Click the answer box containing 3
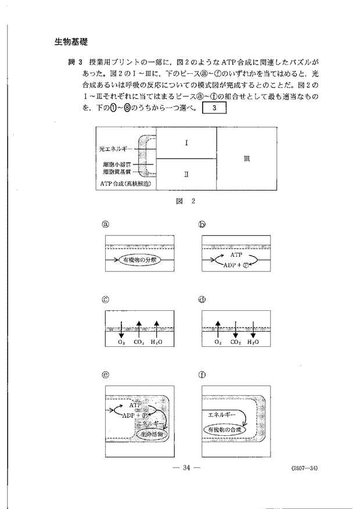214,109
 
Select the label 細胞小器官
117,164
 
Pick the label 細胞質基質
117,172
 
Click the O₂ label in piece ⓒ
121,342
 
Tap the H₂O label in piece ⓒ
156,342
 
